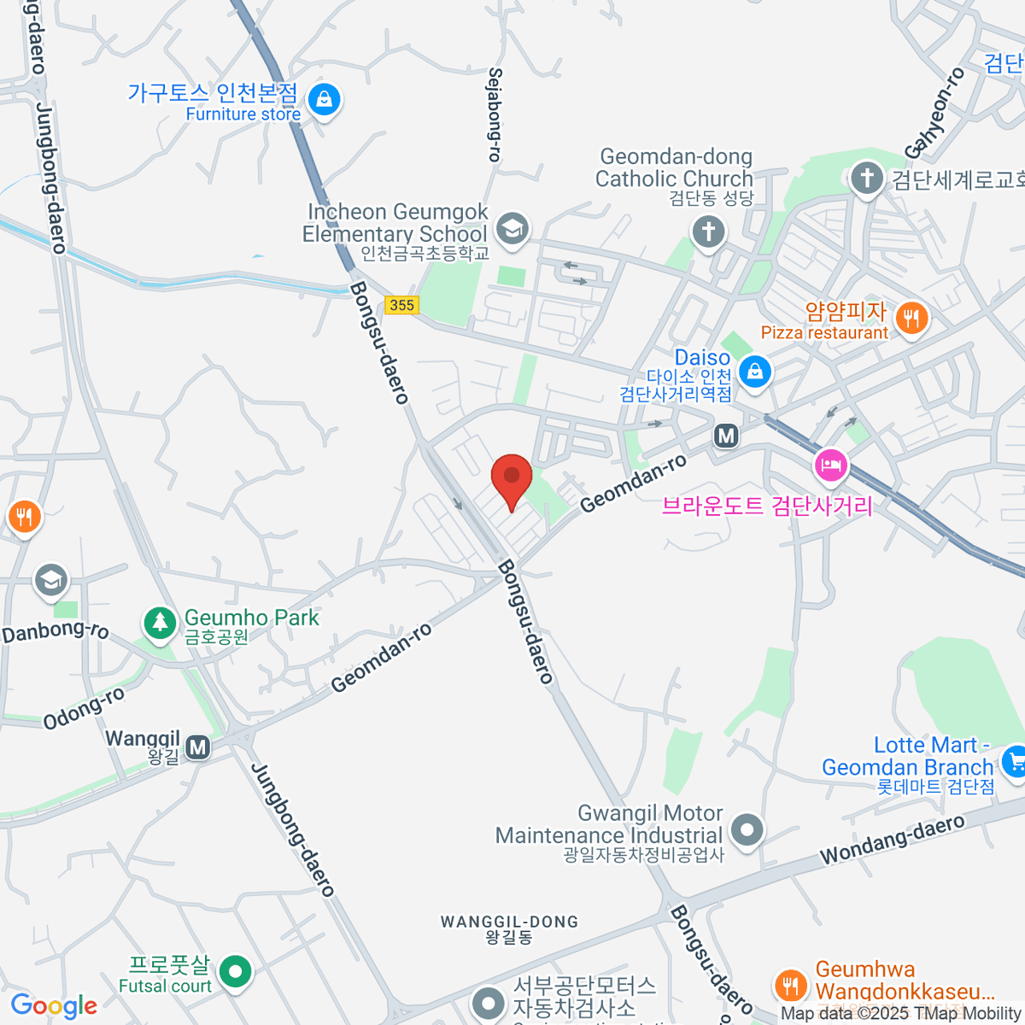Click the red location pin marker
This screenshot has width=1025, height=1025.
point(512,476)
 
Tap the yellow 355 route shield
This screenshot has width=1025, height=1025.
point(401,305)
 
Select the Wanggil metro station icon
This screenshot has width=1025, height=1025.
point(198,747)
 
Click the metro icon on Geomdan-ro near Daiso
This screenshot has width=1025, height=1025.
point(726,436)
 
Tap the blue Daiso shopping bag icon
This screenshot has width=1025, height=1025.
point(755,372)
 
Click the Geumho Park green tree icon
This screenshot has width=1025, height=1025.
point(159,623)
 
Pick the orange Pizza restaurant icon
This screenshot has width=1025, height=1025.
point(912,319)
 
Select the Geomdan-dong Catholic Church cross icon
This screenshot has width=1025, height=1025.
point(708,231)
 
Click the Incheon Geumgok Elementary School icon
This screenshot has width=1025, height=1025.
point(512,228)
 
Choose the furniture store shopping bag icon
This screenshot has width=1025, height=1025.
point(325,100)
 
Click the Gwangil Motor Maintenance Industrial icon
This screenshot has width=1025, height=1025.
point(747,829)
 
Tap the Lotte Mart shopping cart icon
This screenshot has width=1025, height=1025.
point(1014,760)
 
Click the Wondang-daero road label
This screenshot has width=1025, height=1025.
point(892,840)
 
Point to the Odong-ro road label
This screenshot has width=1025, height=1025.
point(85,708)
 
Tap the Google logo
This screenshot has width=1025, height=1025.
point(54,1006)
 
